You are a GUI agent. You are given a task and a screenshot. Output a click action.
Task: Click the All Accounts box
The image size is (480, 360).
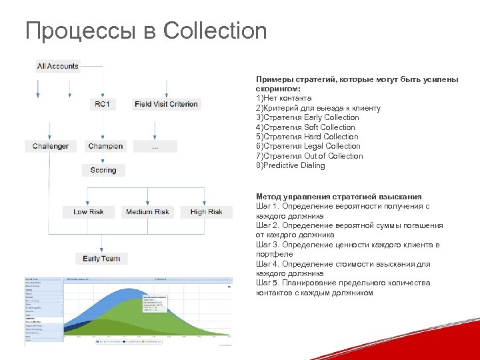[x=58, y=66]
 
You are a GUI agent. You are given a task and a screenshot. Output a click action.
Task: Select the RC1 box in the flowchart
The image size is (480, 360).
[x=103, y=104]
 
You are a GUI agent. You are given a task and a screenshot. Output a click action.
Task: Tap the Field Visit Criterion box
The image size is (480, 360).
[x=166, y=104]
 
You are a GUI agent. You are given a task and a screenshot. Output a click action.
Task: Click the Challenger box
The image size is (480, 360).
[x=51, y=146]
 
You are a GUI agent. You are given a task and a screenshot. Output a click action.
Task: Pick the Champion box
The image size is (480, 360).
[x=105, y=146]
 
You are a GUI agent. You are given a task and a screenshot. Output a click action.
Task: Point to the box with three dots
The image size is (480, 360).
[x=155, y=146]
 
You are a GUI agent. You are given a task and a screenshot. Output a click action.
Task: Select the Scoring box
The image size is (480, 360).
[x=103, y=170]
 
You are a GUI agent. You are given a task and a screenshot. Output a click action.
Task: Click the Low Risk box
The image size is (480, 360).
[x=89, y=212]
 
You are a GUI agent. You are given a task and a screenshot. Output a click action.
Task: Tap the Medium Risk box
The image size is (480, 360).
[x=147, y=212]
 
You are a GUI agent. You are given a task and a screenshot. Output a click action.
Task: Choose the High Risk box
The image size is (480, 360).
[x=206, y=212]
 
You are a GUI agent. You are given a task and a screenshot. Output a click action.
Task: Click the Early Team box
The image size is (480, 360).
[x=101, y=258]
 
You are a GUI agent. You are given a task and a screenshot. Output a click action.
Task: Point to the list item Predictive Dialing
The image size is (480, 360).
[x=291, y=165]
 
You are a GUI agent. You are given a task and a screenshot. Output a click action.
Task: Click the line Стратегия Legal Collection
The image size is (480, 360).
[x=308, y=146]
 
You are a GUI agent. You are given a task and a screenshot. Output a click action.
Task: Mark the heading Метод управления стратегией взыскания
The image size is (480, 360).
[x=339, y=197]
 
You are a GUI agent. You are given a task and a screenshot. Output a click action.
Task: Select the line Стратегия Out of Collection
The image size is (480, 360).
[x=309, y=156]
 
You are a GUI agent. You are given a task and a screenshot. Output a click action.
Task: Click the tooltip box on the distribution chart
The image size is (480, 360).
[x=155, y=302]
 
